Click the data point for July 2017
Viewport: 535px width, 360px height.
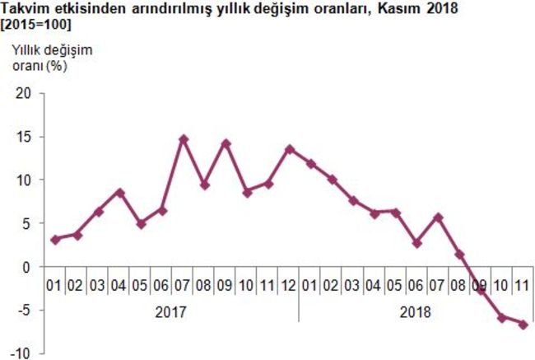[184, 139]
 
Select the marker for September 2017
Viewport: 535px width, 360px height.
[226, 143]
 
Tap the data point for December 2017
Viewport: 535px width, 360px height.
[289, 149]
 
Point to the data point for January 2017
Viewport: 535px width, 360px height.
[55, 240]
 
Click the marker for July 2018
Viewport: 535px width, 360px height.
[437, 217]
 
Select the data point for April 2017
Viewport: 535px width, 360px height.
[119, 193]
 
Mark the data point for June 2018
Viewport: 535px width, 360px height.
[416, 243]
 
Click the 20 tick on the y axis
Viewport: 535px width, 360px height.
[22, 93]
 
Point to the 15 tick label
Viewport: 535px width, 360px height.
[22, 136]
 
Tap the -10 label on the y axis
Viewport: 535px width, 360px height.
[21, 353]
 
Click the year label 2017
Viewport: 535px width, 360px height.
[170, 312]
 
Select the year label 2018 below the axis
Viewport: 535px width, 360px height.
[416, 312]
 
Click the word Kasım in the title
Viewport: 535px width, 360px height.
[394, 8]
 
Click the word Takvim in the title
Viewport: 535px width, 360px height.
[26, 8]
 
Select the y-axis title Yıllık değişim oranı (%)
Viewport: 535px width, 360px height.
[51, 58]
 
